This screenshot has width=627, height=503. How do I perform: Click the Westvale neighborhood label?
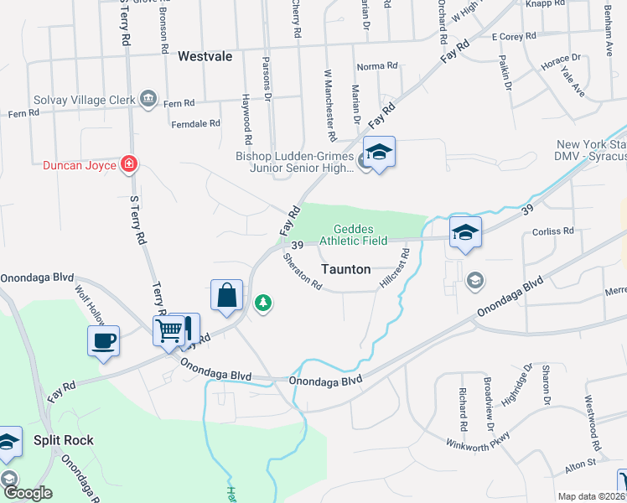pos(205,56)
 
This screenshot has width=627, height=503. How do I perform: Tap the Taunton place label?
pos(346,270)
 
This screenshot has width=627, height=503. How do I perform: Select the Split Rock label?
pos(63,440)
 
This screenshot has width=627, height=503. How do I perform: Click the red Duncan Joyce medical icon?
pos(129,163)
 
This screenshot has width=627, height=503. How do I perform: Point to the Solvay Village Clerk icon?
pos(148,100)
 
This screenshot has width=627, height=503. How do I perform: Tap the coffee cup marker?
pos(104,341)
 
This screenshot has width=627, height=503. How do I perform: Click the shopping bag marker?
pos(226,295)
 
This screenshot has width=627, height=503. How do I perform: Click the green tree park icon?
pos(264,303)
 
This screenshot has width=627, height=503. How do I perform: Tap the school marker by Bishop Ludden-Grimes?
pos(379,153)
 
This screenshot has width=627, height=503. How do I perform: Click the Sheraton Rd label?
pos(303,272)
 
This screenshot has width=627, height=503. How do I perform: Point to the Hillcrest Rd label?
pos(394,268)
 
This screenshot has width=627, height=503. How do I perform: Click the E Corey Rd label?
pos(514,37)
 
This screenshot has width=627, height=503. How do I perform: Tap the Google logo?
pos(27,493)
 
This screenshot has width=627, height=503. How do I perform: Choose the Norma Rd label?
pos(376,66)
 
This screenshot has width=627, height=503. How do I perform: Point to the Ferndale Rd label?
pos(194,123)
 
